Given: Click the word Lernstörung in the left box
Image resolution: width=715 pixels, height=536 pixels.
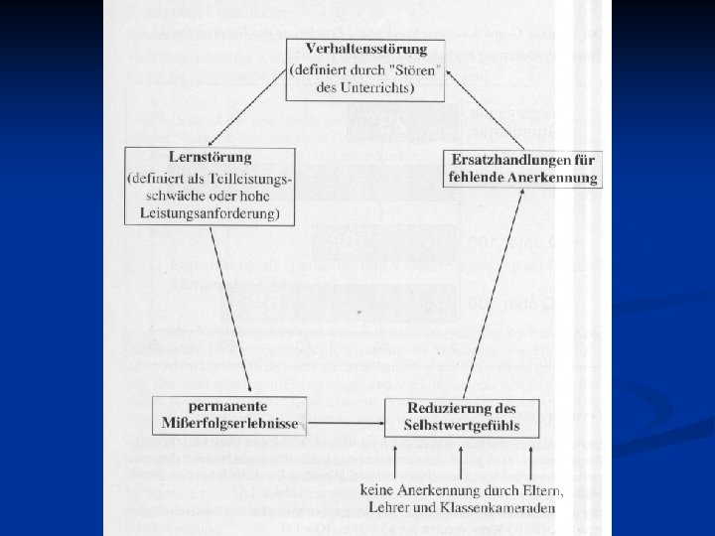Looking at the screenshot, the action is click(x=211, y=157).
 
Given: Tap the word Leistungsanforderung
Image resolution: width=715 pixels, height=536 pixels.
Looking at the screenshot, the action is click(x=211, y=213).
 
